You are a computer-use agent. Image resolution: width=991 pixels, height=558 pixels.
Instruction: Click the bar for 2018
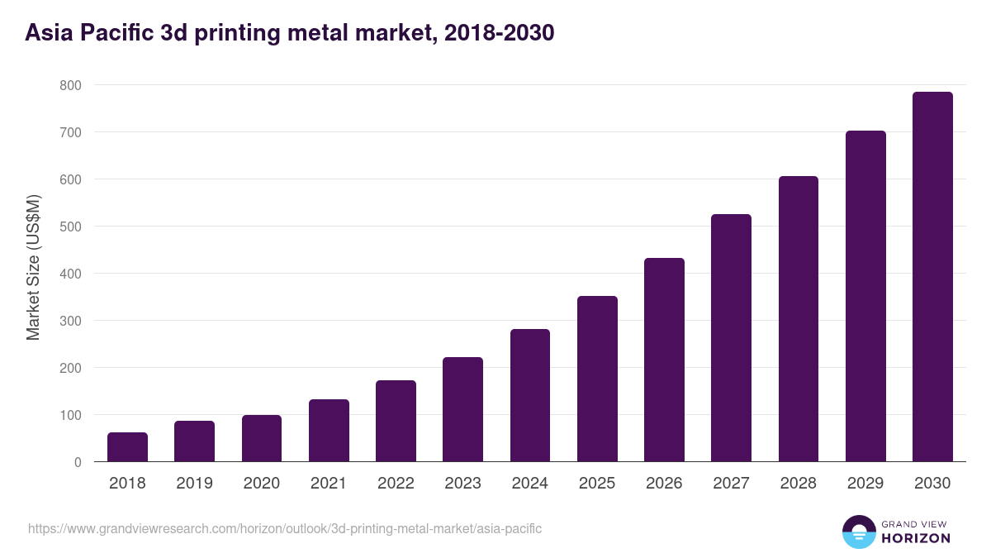[127, 447]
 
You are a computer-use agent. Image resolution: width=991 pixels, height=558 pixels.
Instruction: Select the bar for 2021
[329, 431]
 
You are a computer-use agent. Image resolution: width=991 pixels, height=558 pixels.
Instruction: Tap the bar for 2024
[530, 395]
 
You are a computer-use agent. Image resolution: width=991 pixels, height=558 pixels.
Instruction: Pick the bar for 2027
[731, 338]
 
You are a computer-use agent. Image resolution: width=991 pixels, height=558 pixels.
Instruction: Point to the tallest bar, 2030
[932, 277]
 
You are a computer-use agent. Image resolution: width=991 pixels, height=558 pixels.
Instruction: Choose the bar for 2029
[865, 296]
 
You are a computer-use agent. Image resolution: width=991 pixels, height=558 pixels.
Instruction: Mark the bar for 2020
[262, 438]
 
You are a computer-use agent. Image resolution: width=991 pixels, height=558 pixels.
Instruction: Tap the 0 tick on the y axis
[78, 462]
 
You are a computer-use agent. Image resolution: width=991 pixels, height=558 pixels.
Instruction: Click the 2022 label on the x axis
[396, 484]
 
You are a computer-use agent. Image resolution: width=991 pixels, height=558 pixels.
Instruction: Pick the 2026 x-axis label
[664, 484]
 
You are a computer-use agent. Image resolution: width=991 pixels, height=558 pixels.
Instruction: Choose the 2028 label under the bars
[799, 484]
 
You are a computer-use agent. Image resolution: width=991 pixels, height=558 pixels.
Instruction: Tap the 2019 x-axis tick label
[194, 484]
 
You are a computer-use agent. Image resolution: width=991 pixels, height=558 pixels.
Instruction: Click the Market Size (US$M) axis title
[33, 267]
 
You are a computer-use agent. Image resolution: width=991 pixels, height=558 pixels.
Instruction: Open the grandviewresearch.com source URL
[285, 528]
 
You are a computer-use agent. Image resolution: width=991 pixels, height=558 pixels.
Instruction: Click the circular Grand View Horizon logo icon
[859, 532]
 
